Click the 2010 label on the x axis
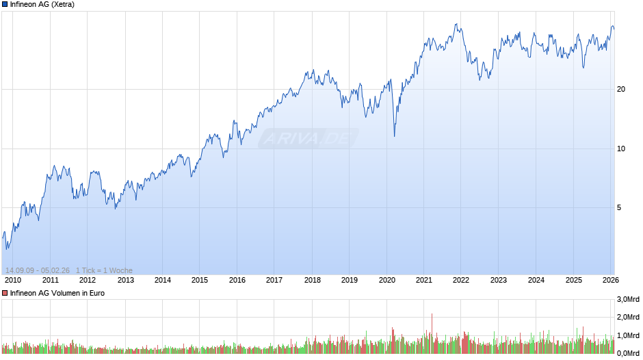(12, 279)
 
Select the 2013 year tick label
(125, 279)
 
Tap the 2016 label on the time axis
(237, 279)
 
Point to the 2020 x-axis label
(386, 279)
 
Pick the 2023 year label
(499, 279)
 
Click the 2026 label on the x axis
(611, 279)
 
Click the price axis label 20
(622, 90)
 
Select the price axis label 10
(622, 149)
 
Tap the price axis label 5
(620, 208)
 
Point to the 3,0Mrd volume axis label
(628, 300)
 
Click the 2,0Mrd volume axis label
(628, 318)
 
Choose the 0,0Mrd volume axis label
(628, 352)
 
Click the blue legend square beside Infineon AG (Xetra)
(5, 4)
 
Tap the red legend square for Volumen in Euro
(5, 293)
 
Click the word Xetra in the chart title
(62, 4)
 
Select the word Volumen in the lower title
(66, 293)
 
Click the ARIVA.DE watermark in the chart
(309, 139)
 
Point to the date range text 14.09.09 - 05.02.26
(38, 270)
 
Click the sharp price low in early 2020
(394, 136)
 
